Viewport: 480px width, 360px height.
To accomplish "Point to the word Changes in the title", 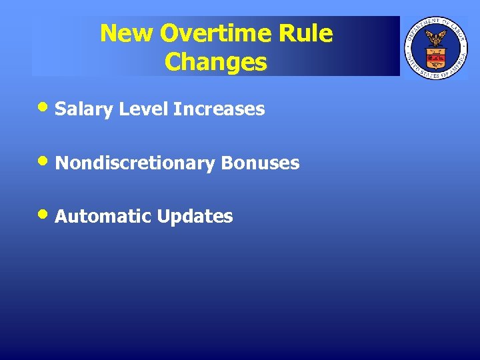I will click(x=215, y=62).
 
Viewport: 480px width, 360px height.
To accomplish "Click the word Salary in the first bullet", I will click(x=85, y=109).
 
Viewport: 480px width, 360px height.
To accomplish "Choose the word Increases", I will click(x=219, y=109).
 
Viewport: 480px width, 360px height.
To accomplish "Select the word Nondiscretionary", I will click(x=135, y=163).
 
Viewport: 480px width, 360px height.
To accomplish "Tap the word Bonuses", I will click(x=261, y=163).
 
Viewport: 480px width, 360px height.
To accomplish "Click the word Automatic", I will click(x=104, y=217).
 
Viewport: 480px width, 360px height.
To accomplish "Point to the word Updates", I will click(x=195, y=217).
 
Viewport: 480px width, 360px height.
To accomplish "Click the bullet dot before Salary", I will click(x=45, y=107).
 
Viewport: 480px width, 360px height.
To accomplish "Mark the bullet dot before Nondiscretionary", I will click(x=45, y=161).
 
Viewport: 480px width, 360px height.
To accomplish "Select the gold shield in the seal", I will click(x=437, y=57).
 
